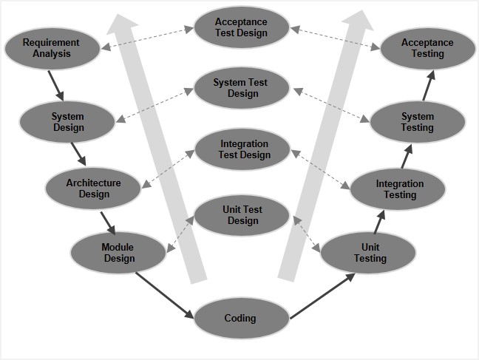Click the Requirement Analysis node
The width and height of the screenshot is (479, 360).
(x=52, y=48)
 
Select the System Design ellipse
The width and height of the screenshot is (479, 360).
(x=68, y=122)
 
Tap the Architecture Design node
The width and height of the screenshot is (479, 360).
(x=93, y=189)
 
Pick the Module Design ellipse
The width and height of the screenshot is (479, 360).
(x=118, y=253)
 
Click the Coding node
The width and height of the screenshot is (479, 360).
(x=240, y=319)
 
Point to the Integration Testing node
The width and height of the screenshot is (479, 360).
(x=400, y=189)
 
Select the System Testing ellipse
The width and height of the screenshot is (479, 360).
(x=418, y=122)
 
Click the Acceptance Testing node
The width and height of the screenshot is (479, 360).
(x=428, y=49)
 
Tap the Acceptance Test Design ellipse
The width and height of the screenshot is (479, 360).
(x=241, y=28)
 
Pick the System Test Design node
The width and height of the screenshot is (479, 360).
(x=241, y=88)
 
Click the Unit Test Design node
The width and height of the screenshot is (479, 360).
(x=241, y=215)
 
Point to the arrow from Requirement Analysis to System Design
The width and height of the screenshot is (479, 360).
(x=56, y=84)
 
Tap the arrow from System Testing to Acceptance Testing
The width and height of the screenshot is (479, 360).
(x=429, y=86)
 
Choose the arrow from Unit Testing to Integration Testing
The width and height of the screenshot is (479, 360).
(x=380, y=220)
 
